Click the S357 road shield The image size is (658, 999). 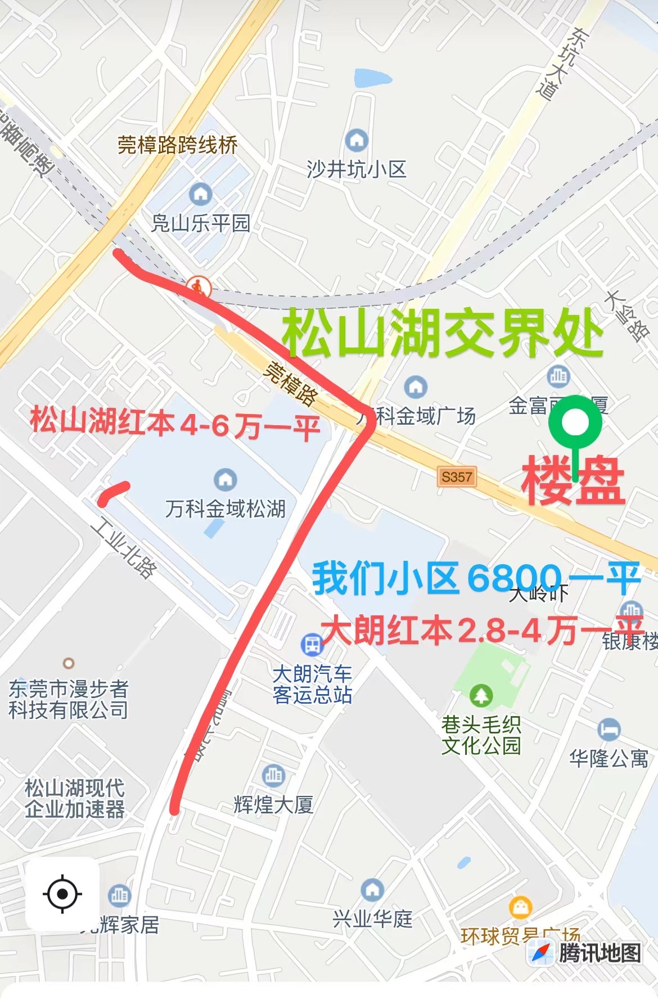[x=457, y=477]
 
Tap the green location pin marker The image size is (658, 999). [x=575, y=423]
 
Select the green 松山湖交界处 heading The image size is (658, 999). [x=443, y=334]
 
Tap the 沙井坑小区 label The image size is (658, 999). [x=356, y=169]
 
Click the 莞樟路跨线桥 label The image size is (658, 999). [x=178, y=145]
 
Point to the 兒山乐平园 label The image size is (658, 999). [x=201, y=223]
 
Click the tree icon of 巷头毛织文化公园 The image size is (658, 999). [x=481, y=695]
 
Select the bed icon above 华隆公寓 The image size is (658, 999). [x=609, y=730]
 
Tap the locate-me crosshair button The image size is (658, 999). [x=62, y=893]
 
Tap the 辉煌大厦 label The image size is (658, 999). [x=273, y=804]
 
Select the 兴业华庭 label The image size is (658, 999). [x=372, y=919]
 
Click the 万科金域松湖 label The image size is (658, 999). [x=226, y=509]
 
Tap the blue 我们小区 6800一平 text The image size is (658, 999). [x=476, y=578]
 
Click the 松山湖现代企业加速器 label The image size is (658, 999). [x=74, y=798]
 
